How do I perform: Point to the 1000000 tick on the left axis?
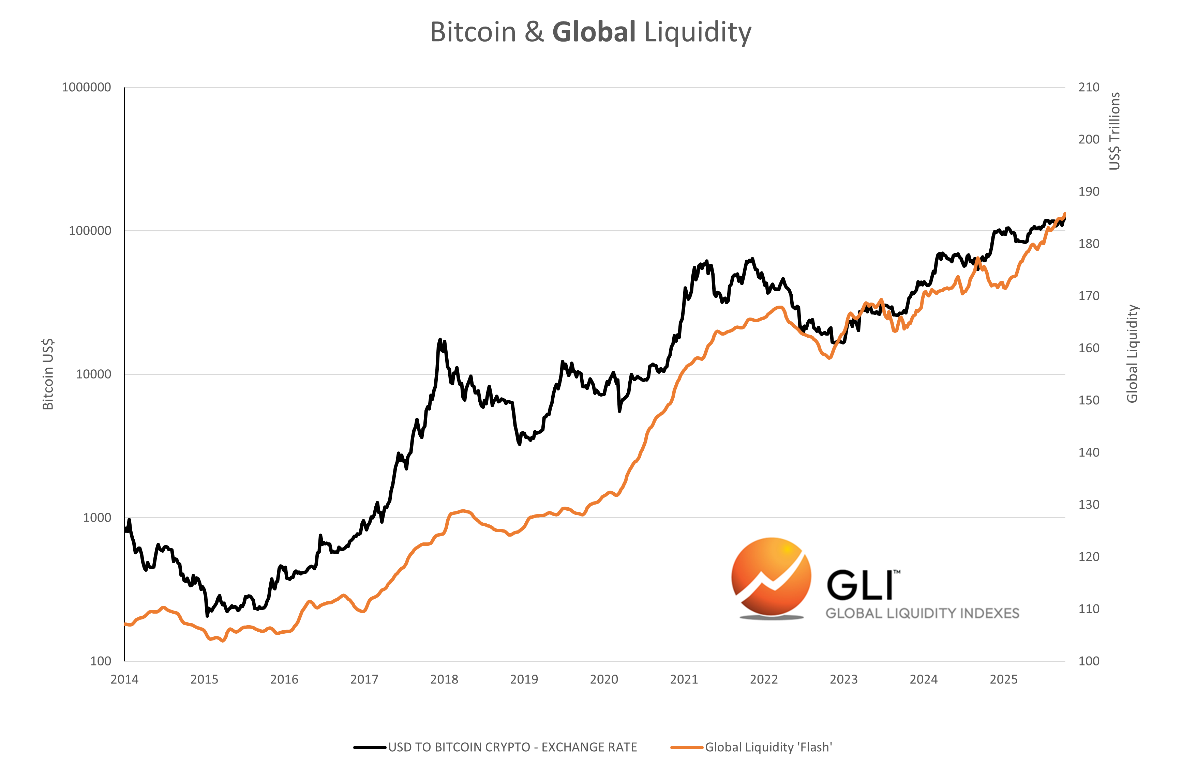(x=86, y=87)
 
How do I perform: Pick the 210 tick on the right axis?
(x=1088, y=87)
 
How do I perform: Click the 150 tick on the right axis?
(x=1088, y=400)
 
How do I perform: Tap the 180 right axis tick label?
(x=1088, y=244)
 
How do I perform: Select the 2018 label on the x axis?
(x=444, y=679)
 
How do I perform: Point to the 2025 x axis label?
(x=1003, y=679)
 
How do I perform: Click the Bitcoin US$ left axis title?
(x=48, y=374)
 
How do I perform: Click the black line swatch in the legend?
(x=370, y=747)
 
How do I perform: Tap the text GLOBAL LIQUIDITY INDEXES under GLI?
(x=922, y=613)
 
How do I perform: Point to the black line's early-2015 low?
(x=207, y=616)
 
